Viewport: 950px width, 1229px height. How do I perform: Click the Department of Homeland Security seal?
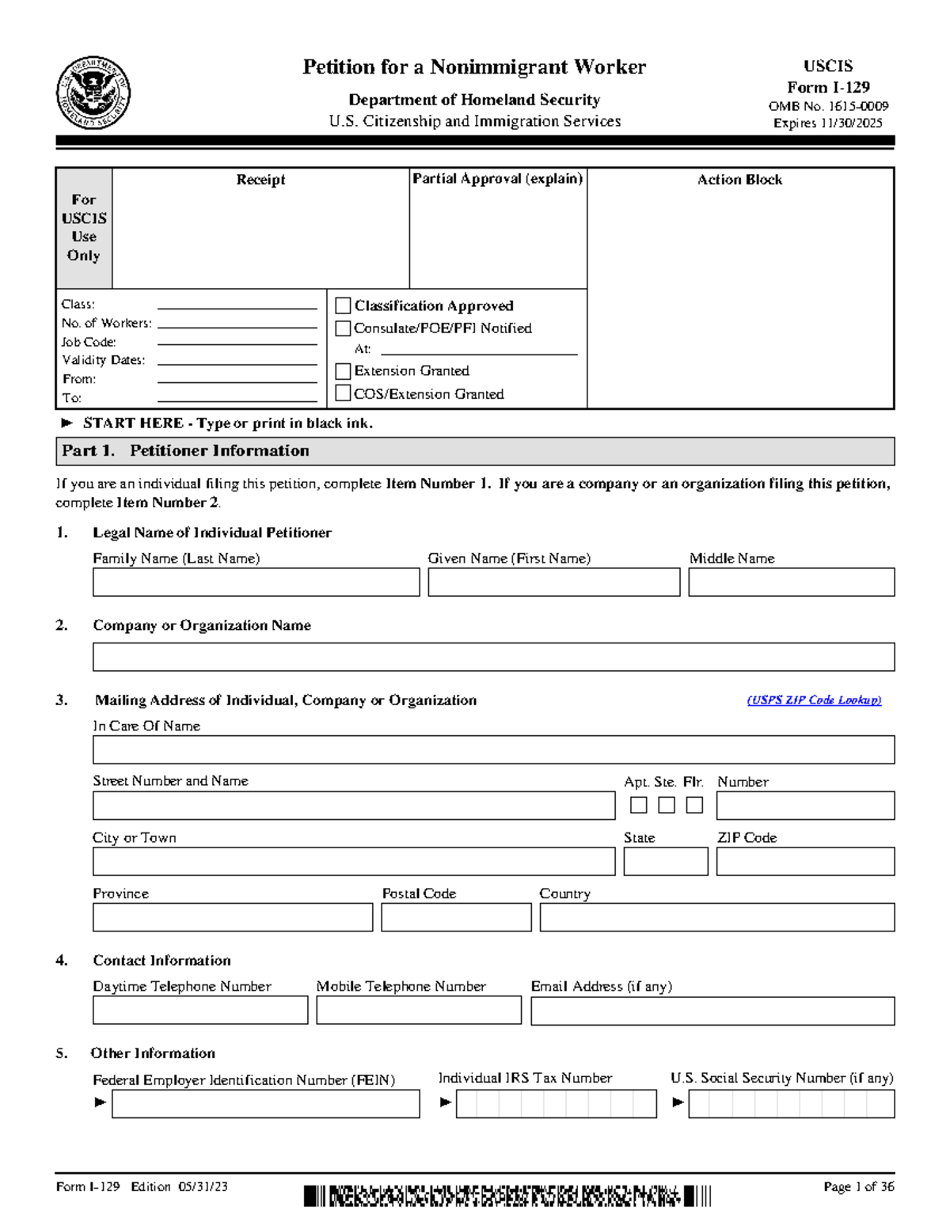93,93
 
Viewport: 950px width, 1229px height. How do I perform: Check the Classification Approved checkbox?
343,305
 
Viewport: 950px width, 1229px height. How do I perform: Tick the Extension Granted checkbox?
343,371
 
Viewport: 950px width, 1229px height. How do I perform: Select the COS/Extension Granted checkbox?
343,393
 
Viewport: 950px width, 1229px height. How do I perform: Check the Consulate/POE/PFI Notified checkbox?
343,328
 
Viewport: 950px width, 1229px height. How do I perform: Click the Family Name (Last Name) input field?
256,582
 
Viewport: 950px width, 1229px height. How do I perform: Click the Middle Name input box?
791,582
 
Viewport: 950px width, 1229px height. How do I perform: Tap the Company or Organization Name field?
493,657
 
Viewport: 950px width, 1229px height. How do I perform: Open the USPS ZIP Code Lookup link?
814,700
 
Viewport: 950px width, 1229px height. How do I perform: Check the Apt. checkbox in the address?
639,805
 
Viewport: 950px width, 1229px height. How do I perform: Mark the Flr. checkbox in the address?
694,805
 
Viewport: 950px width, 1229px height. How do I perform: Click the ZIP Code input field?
805,862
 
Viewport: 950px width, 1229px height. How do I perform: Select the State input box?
666,862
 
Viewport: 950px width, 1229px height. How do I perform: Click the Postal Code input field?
456,917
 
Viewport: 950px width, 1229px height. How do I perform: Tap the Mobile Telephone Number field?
419,1011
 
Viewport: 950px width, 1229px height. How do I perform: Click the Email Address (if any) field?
712,1011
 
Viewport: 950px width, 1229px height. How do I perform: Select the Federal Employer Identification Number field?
265,1104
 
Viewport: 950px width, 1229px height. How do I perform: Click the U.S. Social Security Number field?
791,1104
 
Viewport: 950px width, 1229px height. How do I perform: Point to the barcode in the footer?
507,1196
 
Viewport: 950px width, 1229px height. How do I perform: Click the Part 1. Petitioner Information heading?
186,451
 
